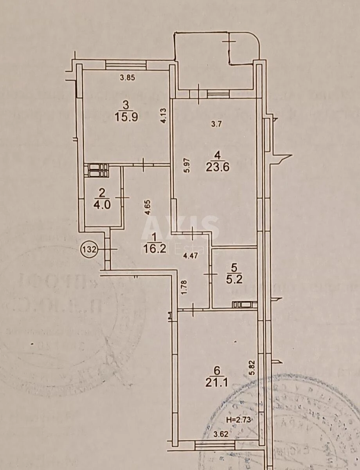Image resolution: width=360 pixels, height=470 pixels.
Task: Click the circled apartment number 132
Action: pyautogui.click(x=89, y=249)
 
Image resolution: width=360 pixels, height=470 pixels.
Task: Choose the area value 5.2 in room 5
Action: pyautogui.click(x=234, y=279)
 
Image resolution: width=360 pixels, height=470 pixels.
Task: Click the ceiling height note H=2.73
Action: pyautogui.click(x=238, y=419)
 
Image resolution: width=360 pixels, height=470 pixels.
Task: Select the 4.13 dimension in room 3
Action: pyautogui.click(x=166, y=116)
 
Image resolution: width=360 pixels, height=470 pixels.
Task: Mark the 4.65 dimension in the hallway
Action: pyautogui.click(x=148, y=207)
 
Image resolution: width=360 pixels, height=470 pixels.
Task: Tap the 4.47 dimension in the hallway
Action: pyautogui.click(x=191, y=257)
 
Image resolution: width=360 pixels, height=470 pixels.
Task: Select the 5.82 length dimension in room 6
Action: pyautogui.click(x=252, y=369)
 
